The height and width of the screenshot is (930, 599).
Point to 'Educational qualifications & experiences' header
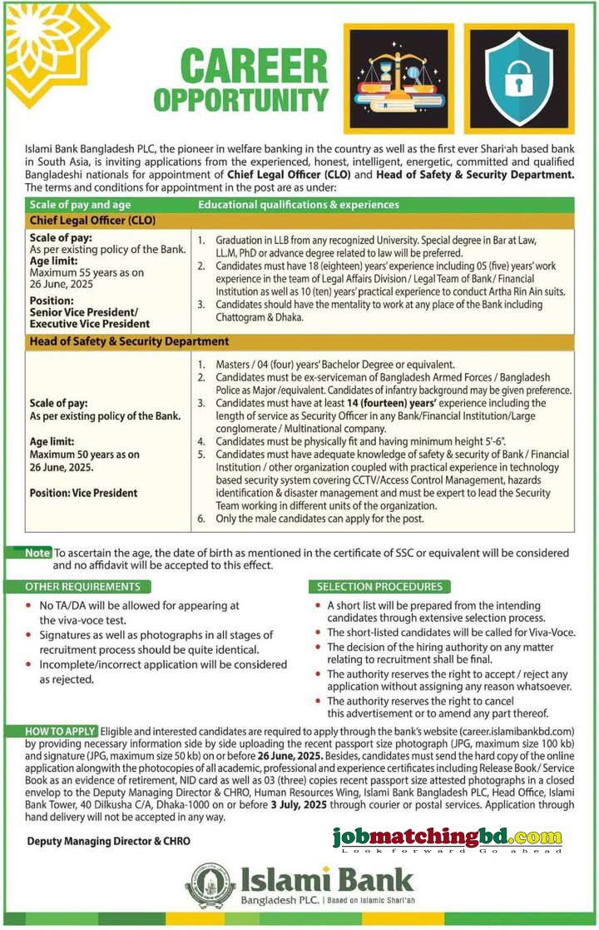click(299, 204)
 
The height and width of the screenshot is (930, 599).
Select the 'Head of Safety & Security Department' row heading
click(129, 341)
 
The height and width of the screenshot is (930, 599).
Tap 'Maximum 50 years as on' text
click(84, 455)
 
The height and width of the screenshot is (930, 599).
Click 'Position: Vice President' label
click(84, 493)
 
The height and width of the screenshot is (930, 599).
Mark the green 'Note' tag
click(37, 552)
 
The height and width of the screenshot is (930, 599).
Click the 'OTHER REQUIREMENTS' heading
click(82, 586)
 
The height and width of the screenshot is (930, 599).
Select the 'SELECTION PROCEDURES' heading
click(378, 586)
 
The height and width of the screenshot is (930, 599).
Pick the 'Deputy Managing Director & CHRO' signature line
click(109, 841)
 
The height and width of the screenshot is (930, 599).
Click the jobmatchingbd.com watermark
click(447, 838)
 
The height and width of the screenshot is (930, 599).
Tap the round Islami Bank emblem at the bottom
click(210, 885)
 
